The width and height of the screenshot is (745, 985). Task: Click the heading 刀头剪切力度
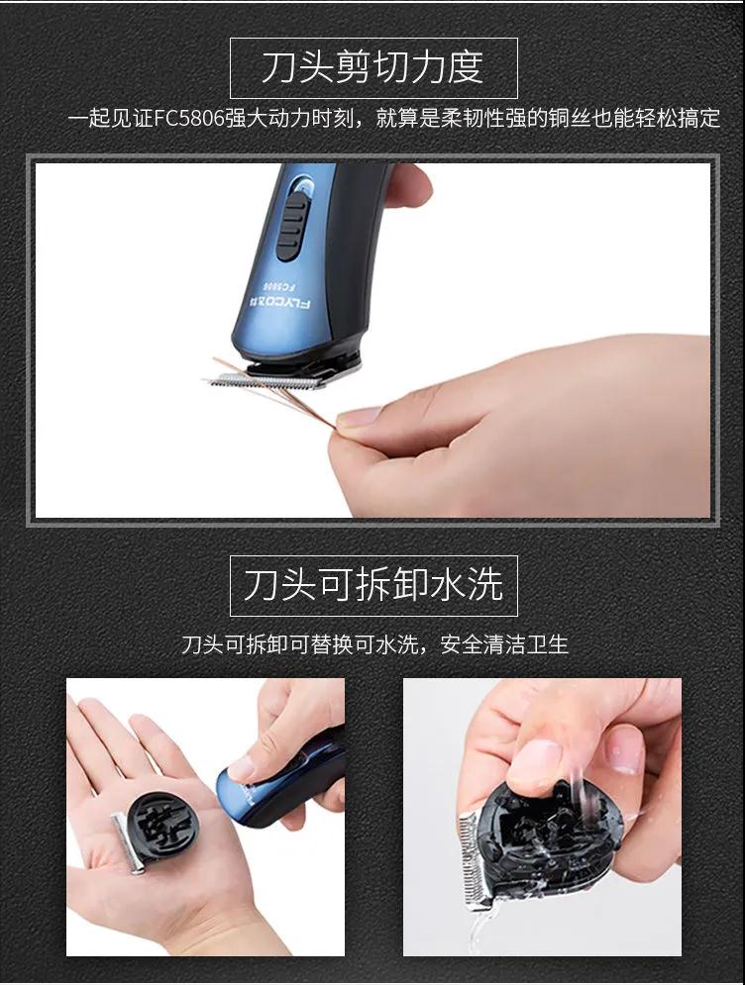tap(372, 67)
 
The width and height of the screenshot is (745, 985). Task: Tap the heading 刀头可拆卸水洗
tap(373, 585)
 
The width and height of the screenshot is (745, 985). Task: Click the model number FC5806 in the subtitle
tap(189, 118)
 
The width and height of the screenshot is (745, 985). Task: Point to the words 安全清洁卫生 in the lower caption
tap(504, 643)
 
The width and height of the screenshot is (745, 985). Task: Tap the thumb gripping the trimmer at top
tap(408, 183)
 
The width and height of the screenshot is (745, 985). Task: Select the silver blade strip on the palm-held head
tap(128, 843)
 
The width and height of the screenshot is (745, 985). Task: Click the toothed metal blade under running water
tap(473, 858)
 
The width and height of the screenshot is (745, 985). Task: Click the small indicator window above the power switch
tap(303, 185)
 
